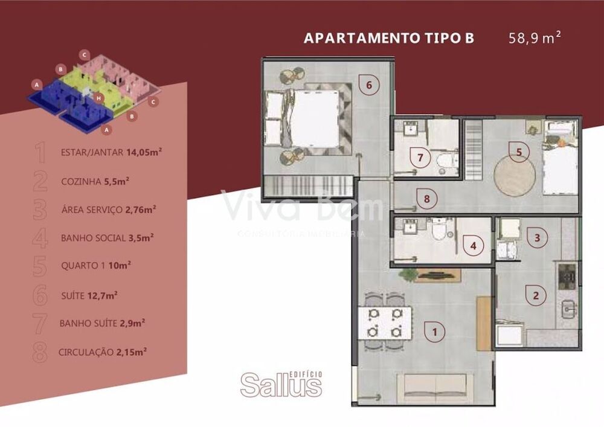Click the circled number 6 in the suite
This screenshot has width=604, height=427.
(x=368, y=85)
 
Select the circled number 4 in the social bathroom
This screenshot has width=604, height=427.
(x=474, y=246)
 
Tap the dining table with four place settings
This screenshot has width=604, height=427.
(x=385, y=323)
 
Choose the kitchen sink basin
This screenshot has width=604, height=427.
(x=568, y=309)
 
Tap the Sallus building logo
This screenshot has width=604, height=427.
(x=281, y=384)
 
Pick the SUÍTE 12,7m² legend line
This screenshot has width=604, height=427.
(x=89, y=295)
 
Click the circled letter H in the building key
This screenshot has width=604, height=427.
(x=100, y=98)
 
